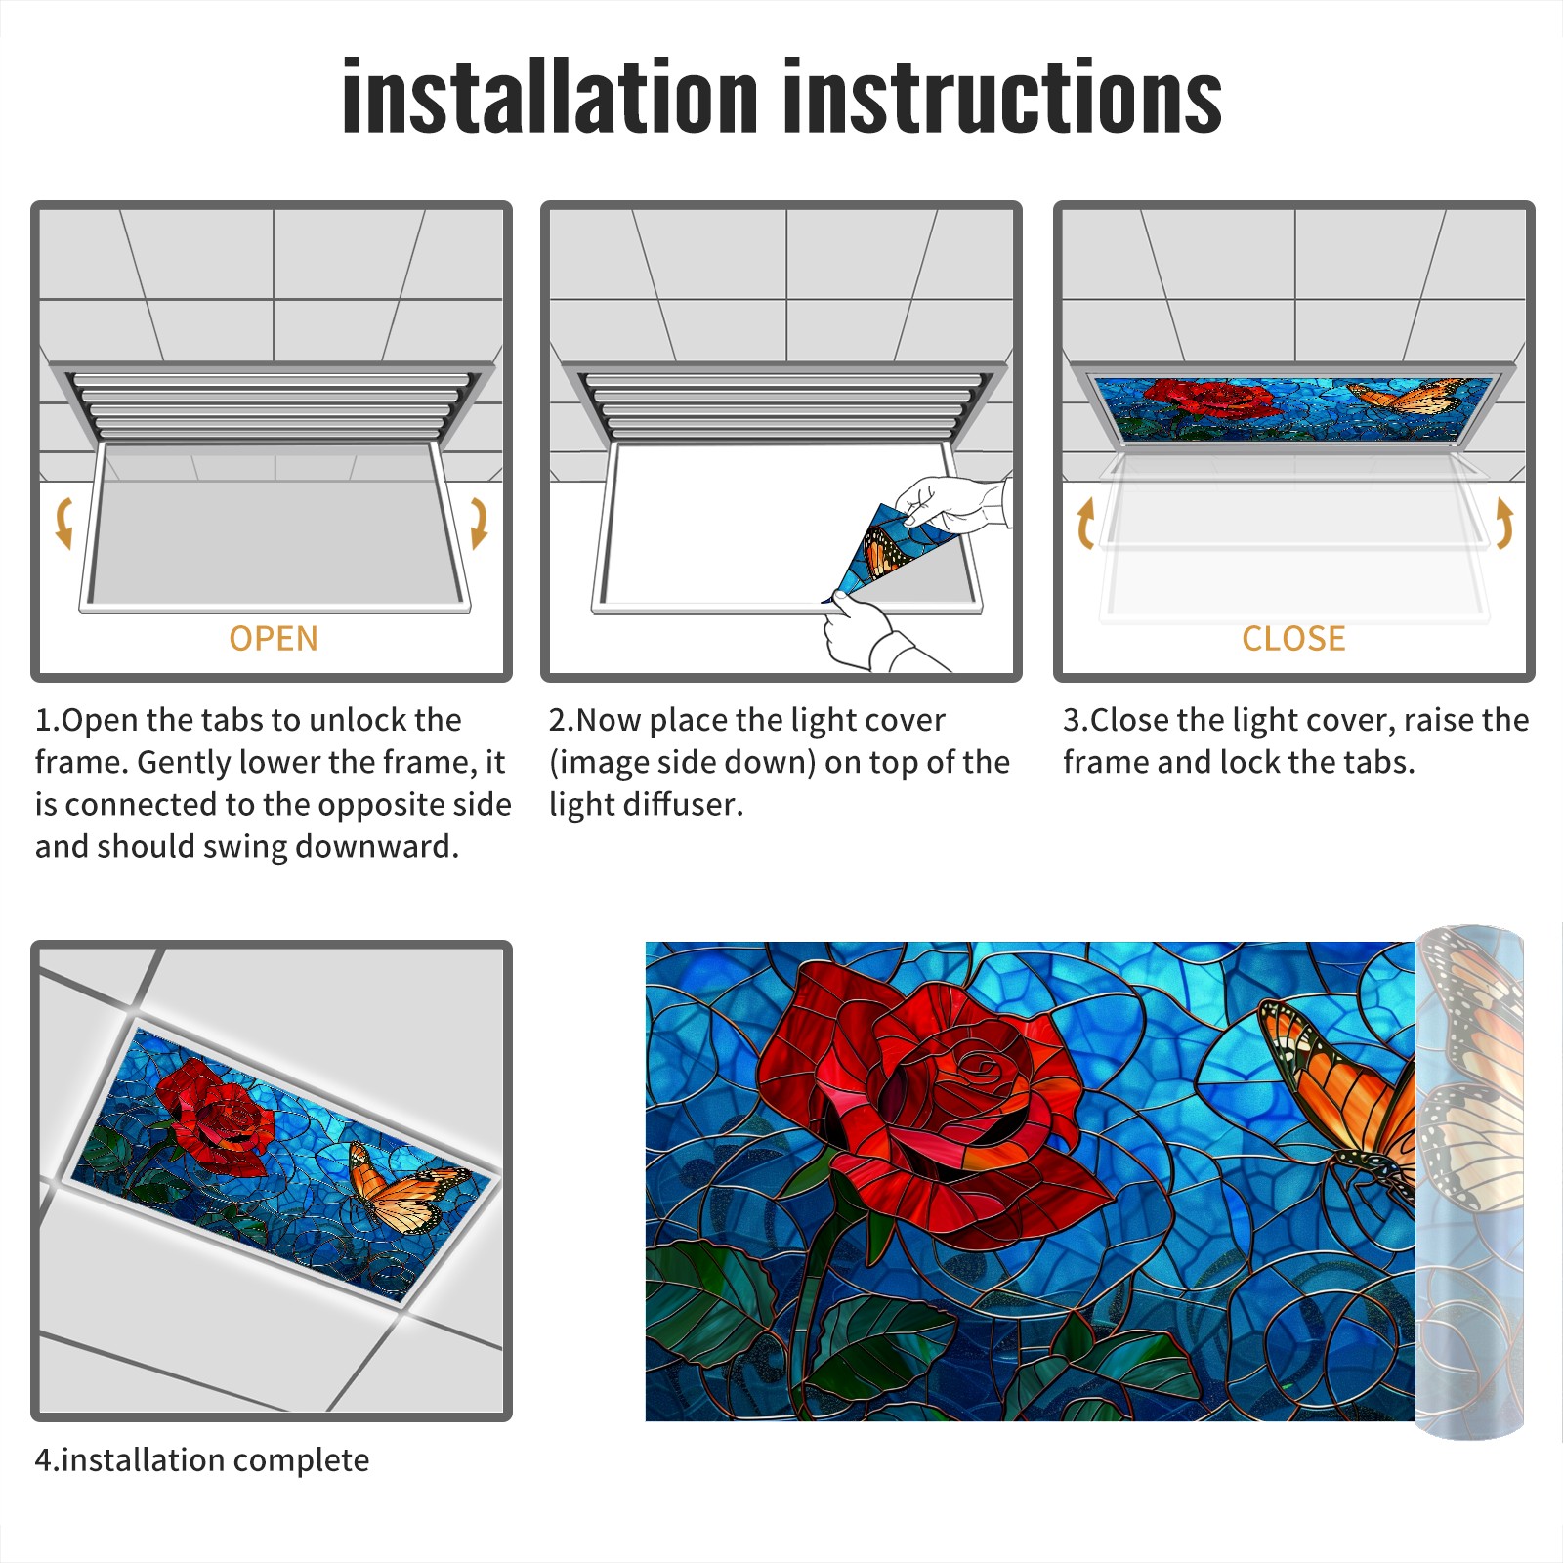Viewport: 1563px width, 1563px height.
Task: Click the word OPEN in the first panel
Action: pyautogui.click(x=274, y=639)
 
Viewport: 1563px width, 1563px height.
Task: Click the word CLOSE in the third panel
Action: pyautogui.click(x=1293, y=639)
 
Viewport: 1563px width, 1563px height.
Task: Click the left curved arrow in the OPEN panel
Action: pyautogui.click(x=63, y=523)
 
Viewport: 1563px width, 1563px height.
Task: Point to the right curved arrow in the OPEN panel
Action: pyautogui.click(x=479, y=523)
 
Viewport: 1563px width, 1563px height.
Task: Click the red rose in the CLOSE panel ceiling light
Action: pyautogui.click(x=1207, y=400)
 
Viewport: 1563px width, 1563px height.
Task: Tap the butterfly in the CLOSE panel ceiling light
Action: pyautogui.click(x=1407, y=396)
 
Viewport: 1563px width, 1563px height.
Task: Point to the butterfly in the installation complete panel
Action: pyautogui.click(x=405, y=1190)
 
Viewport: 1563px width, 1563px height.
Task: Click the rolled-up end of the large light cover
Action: pyautogui.click(x=1470, y=1182)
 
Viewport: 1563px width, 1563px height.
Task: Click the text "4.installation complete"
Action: pyautogui.click(x=202, y=1459)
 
